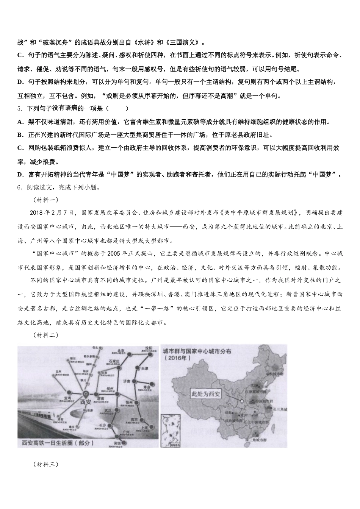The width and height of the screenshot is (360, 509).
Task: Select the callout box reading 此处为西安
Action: pyautogui.click(x=206, y=394)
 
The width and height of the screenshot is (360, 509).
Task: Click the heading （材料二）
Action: pyautogui.click(x=45, y=334)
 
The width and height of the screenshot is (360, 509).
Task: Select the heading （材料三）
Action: pyautogui.click(x=45, y=464)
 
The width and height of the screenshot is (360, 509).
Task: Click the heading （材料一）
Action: pyautogui.click(x=45, y=200)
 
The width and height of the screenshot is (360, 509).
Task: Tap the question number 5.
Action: pyautogui.click(x=19, y=108)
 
